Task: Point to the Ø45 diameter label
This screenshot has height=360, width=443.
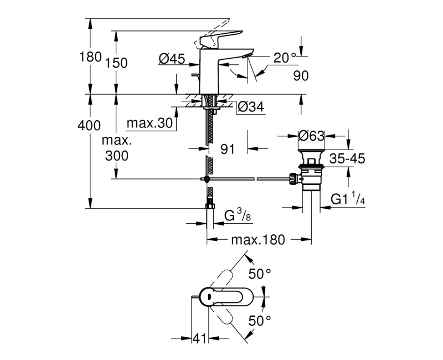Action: (x=171, y=58)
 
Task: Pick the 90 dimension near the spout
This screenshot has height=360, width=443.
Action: (x=301, y=76)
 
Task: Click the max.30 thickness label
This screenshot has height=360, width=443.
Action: (x=150, y=123)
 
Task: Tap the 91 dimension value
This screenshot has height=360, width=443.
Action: (x=228, y=148)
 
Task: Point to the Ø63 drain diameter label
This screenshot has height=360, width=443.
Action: (x=311, y=136)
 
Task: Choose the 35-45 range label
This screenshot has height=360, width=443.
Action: (x=347, y=159)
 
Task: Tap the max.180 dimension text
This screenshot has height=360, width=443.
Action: (x=257, y=240)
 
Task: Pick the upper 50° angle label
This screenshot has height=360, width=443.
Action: (x=260, y=273)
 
